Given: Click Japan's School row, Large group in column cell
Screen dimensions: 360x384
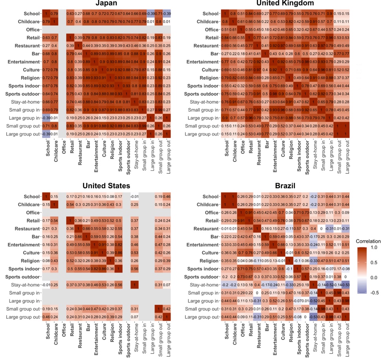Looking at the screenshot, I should tap(152, 14).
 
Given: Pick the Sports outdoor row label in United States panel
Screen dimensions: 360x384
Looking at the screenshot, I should tap(23, 277).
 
